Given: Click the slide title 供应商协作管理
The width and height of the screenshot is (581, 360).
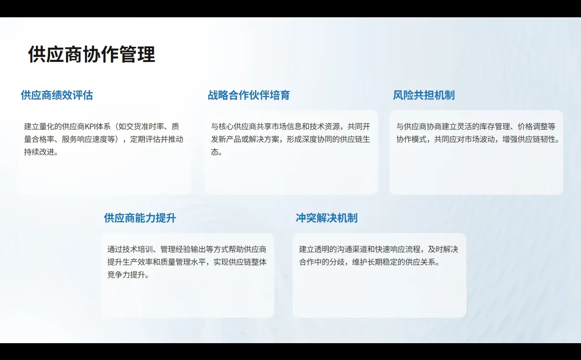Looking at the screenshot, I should pyautogui.click(x=91, y=55).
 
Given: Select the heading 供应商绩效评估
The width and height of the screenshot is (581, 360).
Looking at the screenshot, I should pyautogui.click(x=57, y=95).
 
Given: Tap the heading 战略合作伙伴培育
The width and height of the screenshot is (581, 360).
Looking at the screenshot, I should pyautogui.click(x=249, y=95).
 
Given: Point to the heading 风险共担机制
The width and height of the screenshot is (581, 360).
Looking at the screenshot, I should pyautogui.click(x=424, y=95).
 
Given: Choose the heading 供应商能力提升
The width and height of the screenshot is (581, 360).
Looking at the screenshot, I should pyautogui.click(x=140, y=218).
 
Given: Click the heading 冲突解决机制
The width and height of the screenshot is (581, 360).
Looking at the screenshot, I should pyautogui.click(x=326, y=218).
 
